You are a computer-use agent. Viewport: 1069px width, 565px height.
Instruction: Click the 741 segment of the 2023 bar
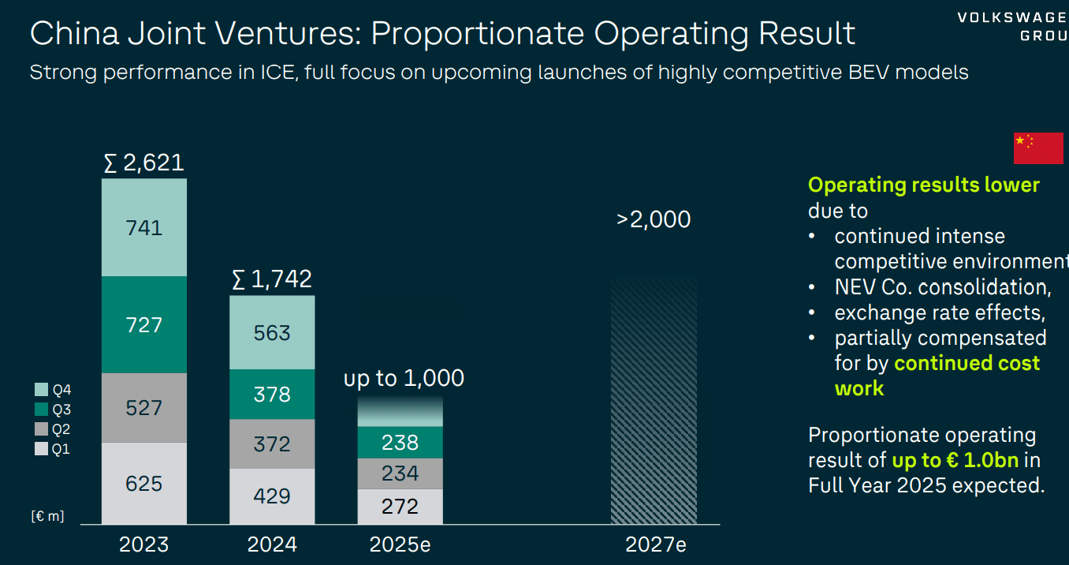point(144,228)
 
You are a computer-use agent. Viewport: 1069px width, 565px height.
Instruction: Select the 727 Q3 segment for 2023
point(144,324)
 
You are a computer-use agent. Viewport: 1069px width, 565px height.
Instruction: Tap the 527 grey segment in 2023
point(144,408)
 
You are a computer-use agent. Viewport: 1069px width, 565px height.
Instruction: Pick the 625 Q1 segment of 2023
point(144,483)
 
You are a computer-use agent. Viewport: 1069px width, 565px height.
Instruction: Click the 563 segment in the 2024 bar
point(272,333)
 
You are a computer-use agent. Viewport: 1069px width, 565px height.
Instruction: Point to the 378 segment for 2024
point(272,395)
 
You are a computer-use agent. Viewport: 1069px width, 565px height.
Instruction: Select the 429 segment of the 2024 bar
point(272,496)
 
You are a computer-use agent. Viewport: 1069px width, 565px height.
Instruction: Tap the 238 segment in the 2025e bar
point(400,443)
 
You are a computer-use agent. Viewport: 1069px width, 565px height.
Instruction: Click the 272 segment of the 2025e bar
point(400,506)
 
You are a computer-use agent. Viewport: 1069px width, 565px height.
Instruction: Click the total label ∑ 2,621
point(144,163)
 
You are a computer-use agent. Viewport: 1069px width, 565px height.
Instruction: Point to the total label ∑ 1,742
point(272,279)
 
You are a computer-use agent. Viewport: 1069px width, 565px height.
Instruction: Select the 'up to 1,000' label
point(404,378)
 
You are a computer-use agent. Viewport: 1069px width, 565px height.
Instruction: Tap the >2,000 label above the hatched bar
point(654,219)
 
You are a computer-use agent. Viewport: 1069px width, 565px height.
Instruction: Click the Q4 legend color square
point(42,389)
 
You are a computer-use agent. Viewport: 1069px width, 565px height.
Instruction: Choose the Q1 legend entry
point(52,450)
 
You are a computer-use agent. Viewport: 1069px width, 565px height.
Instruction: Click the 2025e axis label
point(400,544)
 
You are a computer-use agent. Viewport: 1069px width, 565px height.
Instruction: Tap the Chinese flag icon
point(1037,148)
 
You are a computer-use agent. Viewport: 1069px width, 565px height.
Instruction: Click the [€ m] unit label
point(47,516)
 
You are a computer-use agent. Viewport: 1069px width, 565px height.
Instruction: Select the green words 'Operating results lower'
point(923,185)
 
